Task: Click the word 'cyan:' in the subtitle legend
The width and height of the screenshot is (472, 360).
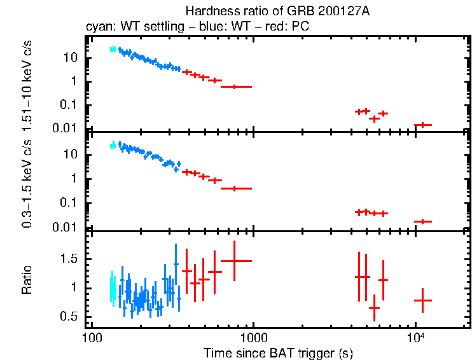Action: coord(99,27)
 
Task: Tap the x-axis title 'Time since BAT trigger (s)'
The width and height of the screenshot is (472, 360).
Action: coord(278,352)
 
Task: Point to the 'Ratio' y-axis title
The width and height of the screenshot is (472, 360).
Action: coord(27,279)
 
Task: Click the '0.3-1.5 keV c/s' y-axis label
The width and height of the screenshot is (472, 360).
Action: coord(27,181)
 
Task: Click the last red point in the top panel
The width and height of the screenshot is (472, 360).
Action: coord(423,125)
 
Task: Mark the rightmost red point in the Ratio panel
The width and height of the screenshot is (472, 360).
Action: coord(423,300)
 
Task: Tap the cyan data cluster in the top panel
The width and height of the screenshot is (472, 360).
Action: coord(113,49)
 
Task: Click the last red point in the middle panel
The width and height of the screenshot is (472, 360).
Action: coord(423,221)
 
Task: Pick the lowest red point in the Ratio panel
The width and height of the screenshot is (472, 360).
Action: coord(375,308)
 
